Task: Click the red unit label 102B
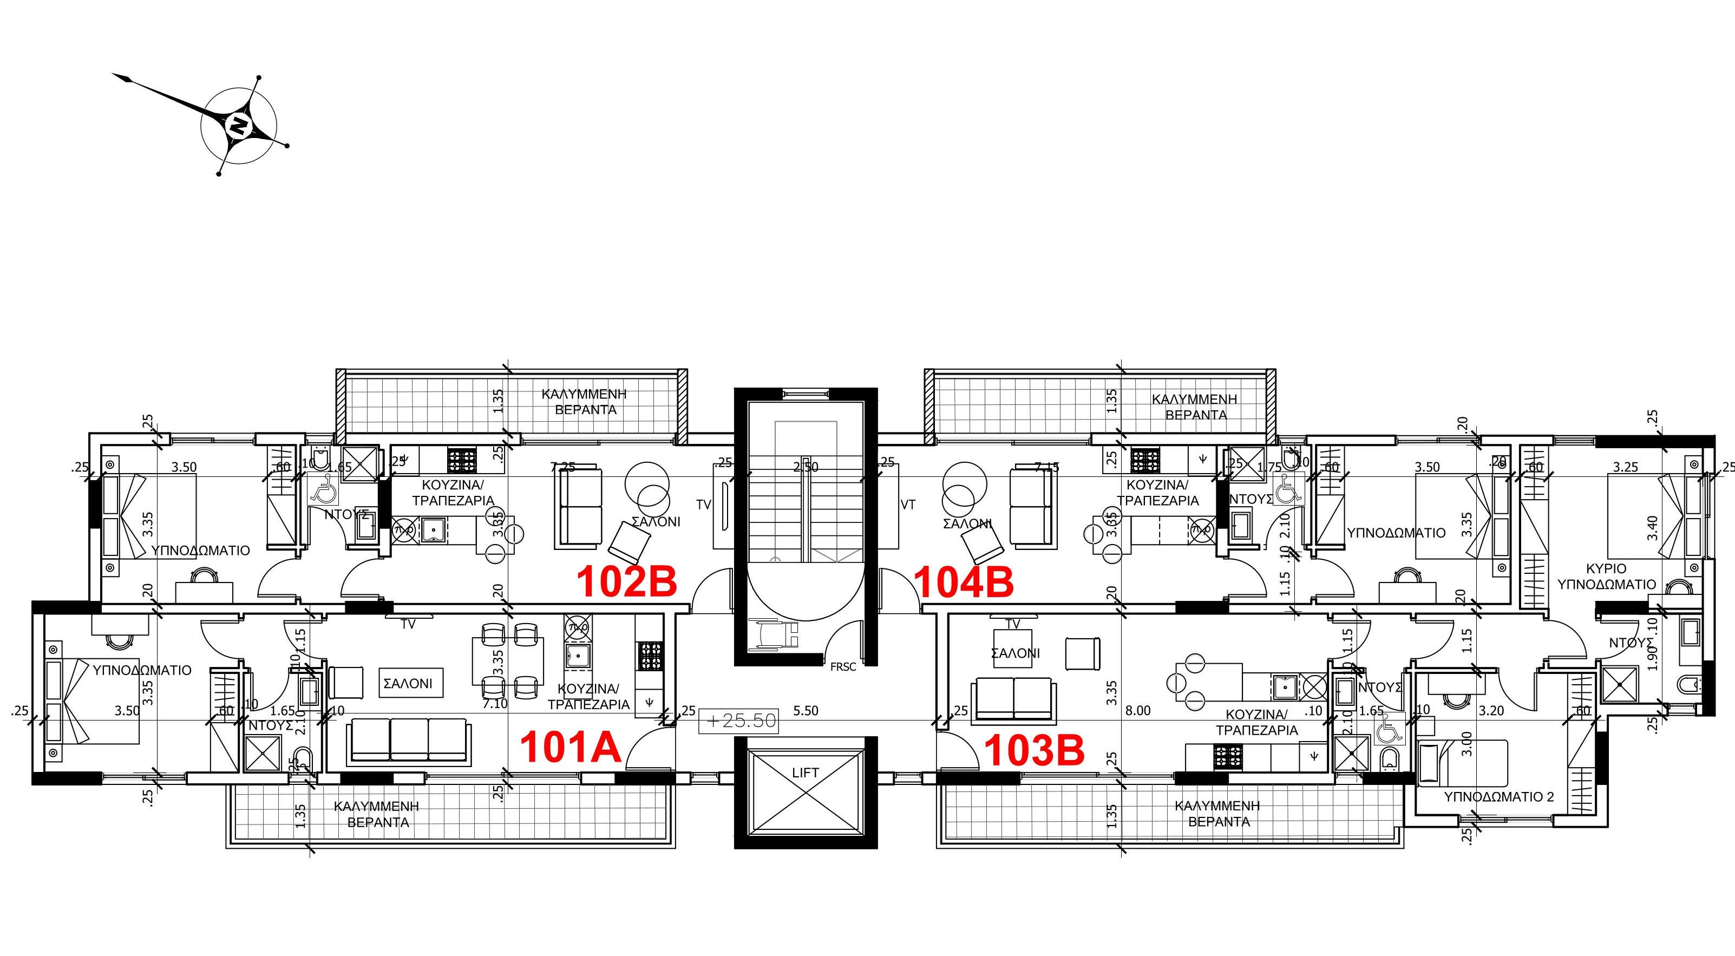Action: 626,581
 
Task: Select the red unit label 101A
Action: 570,748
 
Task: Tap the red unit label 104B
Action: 963,582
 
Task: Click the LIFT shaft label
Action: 805,772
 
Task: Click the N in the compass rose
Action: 238,125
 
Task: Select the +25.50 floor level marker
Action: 739,721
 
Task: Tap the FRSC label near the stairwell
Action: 842,667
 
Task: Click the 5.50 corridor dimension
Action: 806,711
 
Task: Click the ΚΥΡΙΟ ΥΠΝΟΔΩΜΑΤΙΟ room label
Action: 1606,577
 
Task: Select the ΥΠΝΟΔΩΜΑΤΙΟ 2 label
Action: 1498,797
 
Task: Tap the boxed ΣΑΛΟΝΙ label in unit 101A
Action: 408,683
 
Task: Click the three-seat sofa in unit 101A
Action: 408,741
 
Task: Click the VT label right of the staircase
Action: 907,505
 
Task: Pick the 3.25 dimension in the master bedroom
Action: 1625,467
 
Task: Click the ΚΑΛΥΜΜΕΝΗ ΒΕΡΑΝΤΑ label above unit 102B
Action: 585,402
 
